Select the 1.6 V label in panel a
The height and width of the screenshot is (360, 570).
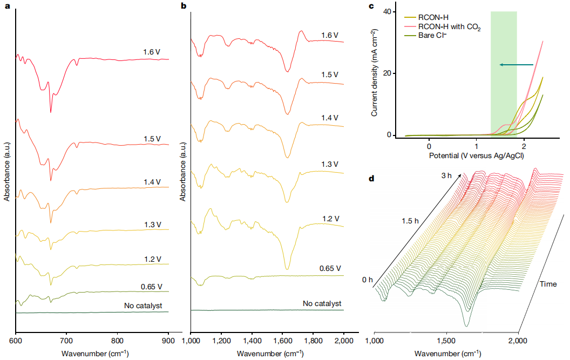tap(152, 52)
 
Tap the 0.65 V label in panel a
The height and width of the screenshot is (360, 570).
tap(152, 286)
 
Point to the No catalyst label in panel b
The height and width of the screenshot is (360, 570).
tap(322, 304)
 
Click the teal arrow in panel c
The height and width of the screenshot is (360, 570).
tap(516, 65)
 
